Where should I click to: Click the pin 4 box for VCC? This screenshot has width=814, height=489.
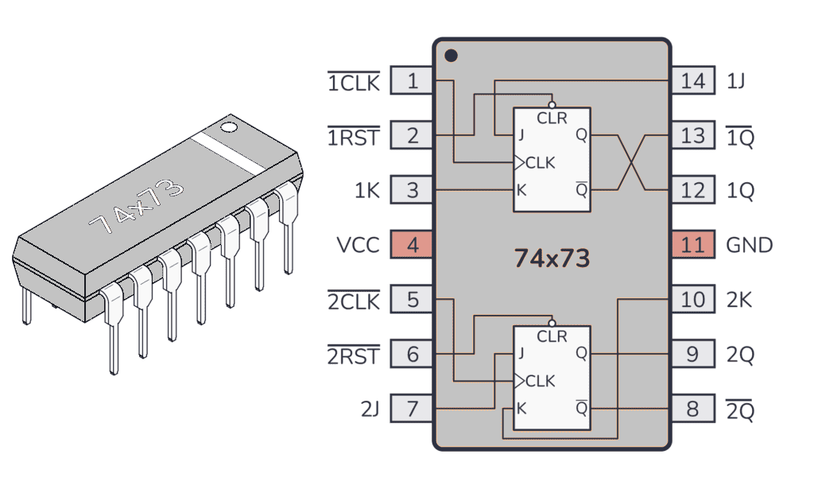(412, 245)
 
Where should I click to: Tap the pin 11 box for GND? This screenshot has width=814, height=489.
(692, 245)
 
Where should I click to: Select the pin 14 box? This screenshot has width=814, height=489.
(692, 81)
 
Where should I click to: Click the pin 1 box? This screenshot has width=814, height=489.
(412, 81)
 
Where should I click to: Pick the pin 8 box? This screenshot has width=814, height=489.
(692, 409)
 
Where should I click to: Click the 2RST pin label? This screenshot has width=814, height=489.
(354, 355)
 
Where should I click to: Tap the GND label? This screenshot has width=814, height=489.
(750, 245)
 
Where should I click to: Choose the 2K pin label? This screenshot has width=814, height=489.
(739, 301)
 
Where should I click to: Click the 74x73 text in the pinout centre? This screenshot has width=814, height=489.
(552, 258)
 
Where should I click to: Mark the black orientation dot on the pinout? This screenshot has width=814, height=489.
(451, 56)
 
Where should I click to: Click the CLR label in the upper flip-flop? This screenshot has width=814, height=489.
(552, 118)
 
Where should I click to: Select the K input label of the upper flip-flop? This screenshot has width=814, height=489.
(521, 190)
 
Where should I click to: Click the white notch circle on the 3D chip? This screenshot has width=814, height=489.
(229, 126)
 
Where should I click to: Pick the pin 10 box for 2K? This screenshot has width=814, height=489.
(692, 301)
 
